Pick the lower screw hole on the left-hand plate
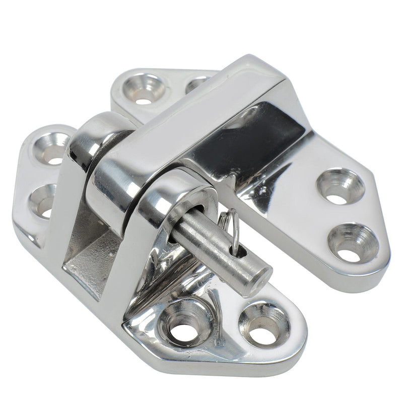[43, 201]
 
